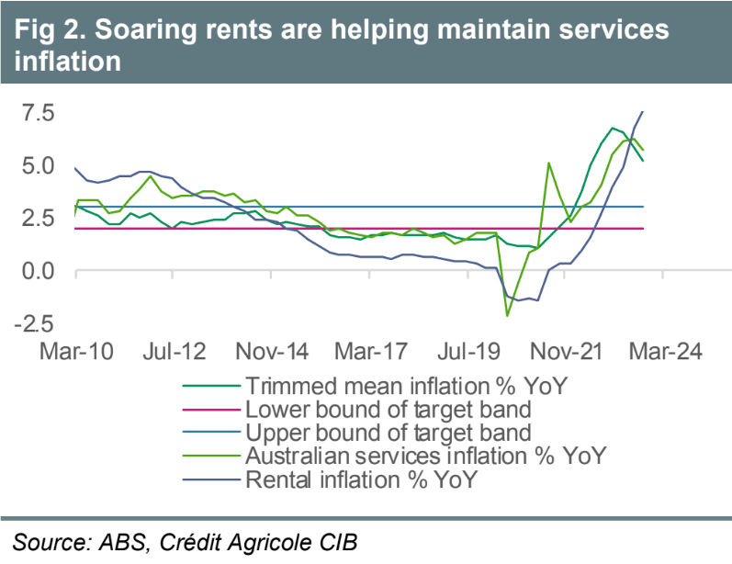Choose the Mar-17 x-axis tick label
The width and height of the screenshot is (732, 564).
click(x=370, y=352)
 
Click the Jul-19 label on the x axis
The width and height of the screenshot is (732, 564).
click(x=467, y=352)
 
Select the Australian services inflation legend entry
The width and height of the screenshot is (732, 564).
click(x=427, y=455)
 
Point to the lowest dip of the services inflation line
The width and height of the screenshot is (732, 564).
click(x=507, y=316)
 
